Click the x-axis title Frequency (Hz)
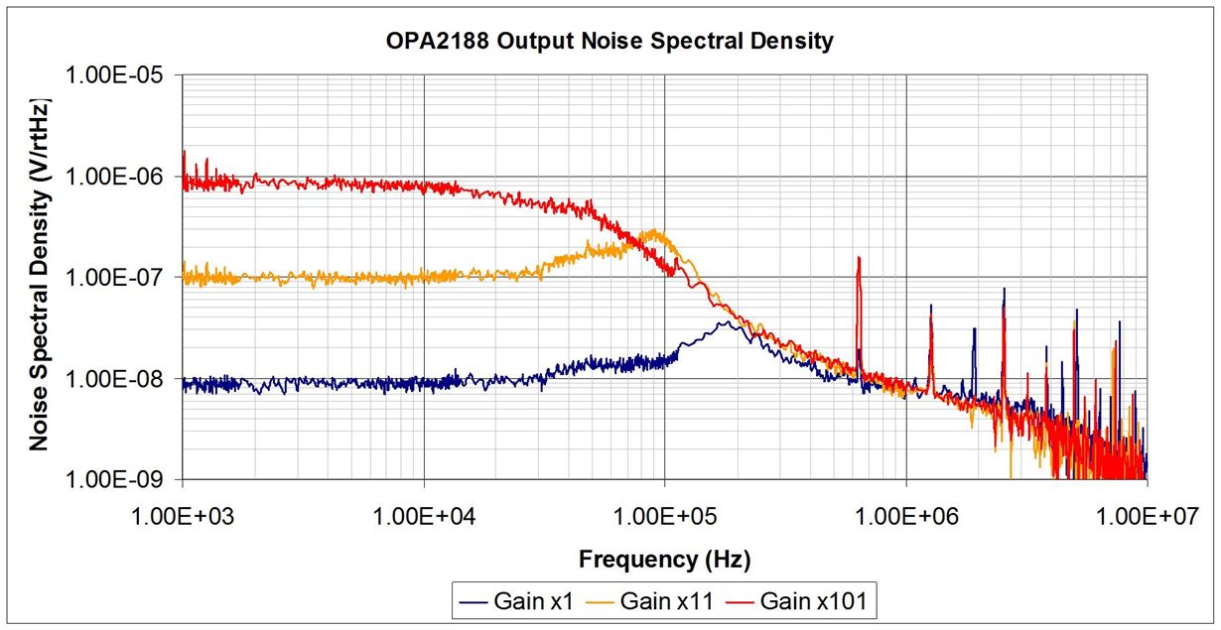coord(664,560)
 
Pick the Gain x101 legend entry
coord(812,601)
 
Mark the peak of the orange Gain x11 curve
coord(654,231)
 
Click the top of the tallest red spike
coord(859,257)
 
